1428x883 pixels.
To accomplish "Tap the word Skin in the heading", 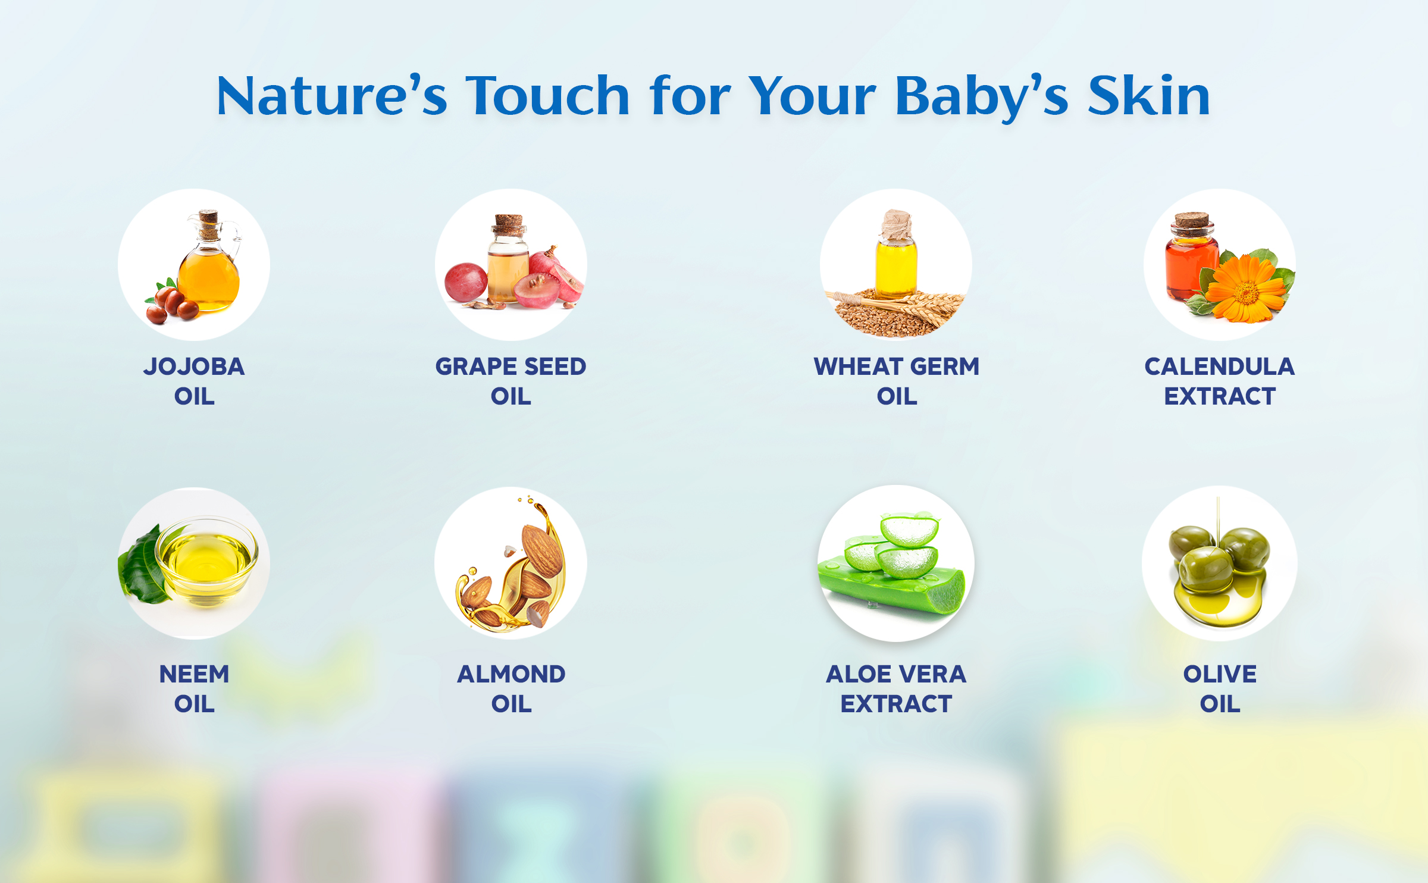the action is (1149, 95).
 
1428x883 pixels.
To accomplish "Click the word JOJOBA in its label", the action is (194, 367).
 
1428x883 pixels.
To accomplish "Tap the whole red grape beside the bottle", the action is (466, 281).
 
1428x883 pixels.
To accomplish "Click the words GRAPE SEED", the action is (511, 367).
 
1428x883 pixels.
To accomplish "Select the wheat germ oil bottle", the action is (895, 256).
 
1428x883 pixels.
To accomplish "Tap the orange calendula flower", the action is (1246, 288).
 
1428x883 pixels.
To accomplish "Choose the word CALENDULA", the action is (1220, 367).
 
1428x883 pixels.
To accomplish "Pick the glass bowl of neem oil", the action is (206, 562).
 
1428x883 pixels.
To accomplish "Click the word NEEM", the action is (194, 674).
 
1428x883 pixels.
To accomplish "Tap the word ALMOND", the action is (511, 674).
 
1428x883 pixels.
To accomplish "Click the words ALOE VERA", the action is (896, 674).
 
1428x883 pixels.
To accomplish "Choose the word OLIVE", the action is (1220, 674).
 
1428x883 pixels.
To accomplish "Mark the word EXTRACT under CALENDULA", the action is (1220, 396).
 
